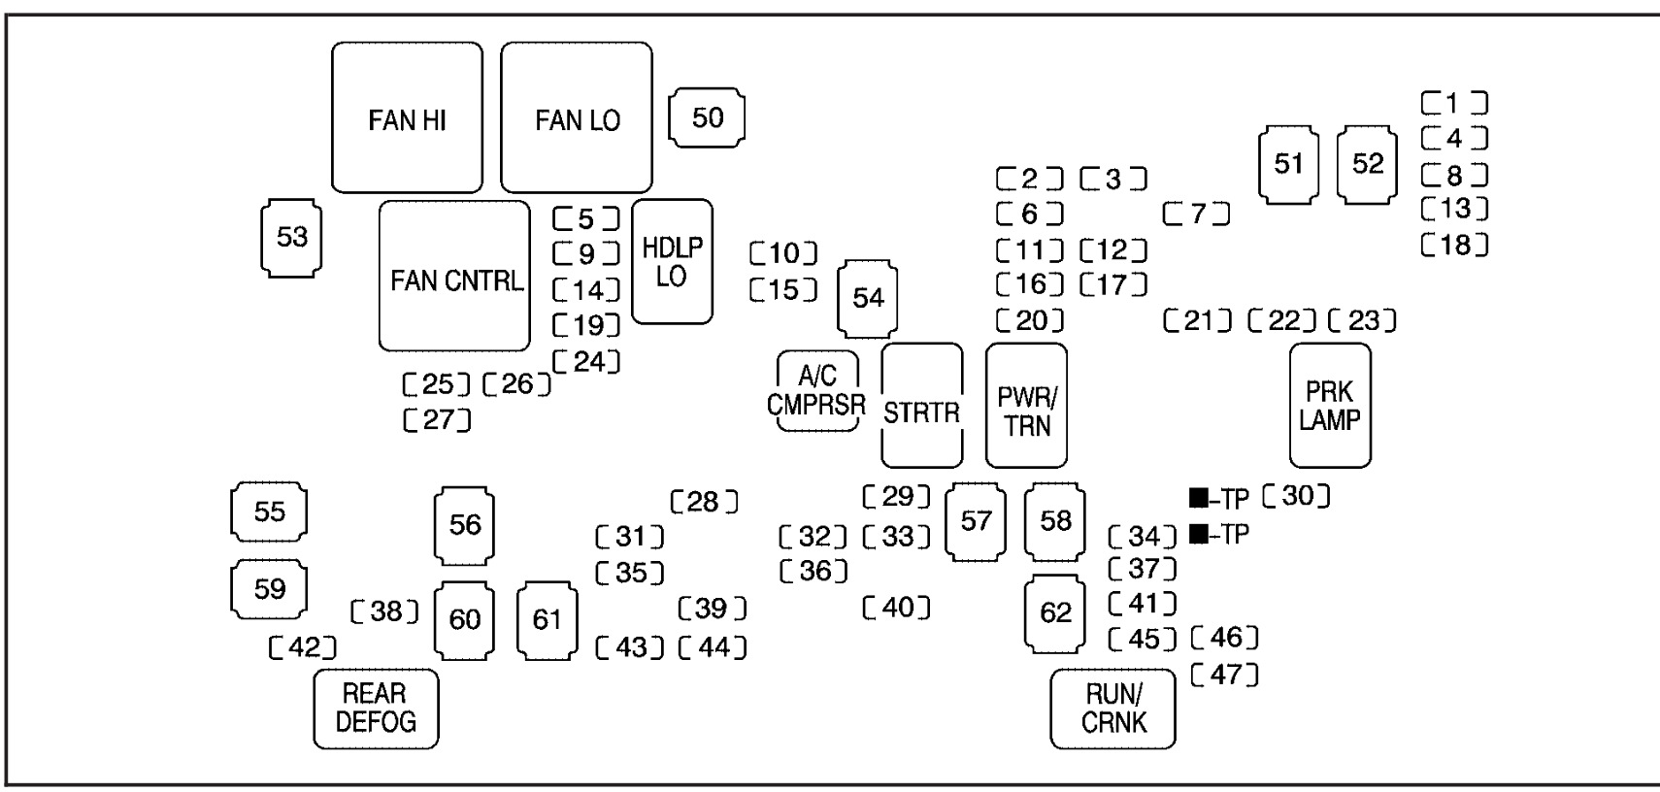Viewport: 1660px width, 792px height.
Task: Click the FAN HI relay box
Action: pyautogui.click(x=407, y=117)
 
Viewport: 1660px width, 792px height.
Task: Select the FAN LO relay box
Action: pyautogui.click(x=577, y=117)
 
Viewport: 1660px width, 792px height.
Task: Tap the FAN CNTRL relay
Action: pyautogui.click(x=454, y=276)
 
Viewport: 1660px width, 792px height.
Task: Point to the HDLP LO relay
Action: pyautogui.click(x=672, y=262)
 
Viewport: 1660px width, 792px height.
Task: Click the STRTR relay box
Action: pyautogui.click(x=921, y=405)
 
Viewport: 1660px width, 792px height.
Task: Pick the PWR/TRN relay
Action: pyautogui.click(x=1026, y=405)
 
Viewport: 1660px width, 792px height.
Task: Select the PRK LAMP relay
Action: pyautogui.click(x=1330, y=405)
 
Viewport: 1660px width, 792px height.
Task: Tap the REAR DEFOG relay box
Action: pyautogui.click(x=376, y=709)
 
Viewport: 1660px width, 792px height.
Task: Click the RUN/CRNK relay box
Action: pyautogui.click(x=1112, y=709)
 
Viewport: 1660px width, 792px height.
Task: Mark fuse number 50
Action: pyautogui.click(x=708, y=117)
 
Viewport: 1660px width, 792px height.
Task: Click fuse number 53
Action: pyautogui.click(x=291, y=237)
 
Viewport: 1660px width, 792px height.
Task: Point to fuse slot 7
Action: pyautogui.click(x=1197, y=213)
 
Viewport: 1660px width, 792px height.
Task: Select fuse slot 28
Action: pyautogui.click(x=705, y=502)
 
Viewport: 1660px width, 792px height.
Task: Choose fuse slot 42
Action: pyautogui.click(x=303, y=647)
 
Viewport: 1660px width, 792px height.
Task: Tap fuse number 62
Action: pyautogui.click(x=1055, y=613)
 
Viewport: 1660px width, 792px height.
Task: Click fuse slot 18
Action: pyautogui.click(x=1454, y=245)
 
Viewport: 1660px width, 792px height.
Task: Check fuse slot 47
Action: pyautogui.click(x=1225, y=674)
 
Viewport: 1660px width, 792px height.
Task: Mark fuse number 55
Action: pyautogui.click(x=269, y=511)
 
